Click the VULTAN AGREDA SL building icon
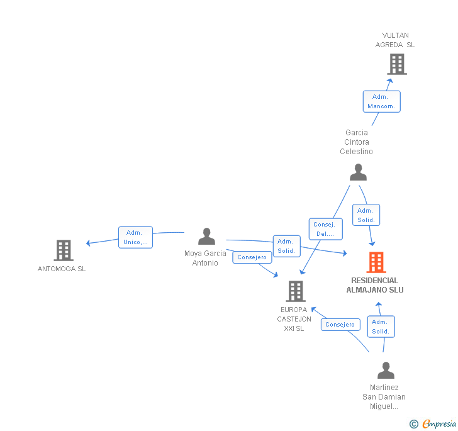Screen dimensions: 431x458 pos(396,64)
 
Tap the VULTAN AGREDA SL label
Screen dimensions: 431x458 pos(395,40)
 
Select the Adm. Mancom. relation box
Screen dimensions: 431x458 pos(381,101)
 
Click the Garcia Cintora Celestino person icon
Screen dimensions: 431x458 pos(358,172)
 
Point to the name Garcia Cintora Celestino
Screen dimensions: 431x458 pos(356,142)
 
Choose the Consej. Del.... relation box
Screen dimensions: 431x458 pos(325,229)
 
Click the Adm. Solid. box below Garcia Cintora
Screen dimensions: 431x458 pos(366,215)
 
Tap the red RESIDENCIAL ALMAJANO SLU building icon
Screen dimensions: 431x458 pos(376,262)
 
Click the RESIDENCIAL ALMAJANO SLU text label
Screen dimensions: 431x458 pos(375,285)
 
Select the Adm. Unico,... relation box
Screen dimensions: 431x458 pos(135,237)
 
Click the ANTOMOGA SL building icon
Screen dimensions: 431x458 pos(63,250)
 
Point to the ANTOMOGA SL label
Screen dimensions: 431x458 pos(62,269)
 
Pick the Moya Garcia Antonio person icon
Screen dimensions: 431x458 pos(206,237)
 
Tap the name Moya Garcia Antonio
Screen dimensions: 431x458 pos(205,258)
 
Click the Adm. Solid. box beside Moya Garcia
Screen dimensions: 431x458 pos(286,246)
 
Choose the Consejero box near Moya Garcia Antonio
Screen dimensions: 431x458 pos(252,257)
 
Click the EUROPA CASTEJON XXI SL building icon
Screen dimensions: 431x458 pos(296,291)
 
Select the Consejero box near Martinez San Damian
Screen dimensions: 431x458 pos(340,325)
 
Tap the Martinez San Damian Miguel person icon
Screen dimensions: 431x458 pos(386,370)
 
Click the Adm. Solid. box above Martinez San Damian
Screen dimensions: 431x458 pos(381,327)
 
